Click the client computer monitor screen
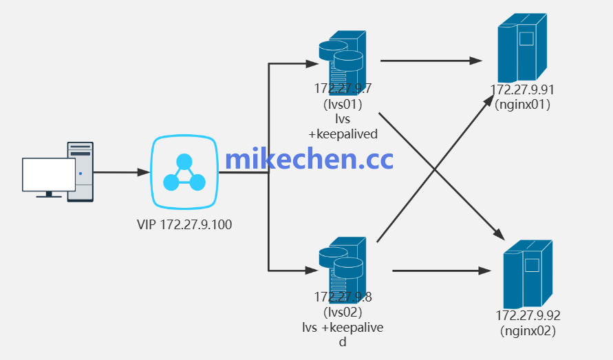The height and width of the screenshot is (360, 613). point(49,174)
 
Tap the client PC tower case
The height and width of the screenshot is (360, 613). point(80,171)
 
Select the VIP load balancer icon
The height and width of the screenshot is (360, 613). point(184,173)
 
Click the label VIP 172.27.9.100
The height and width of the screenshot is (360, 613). point(184,224)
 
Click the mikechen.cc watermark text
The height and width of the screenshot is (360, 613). point(309,159)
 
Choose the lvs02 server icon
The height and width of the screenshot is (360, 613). point(342,265)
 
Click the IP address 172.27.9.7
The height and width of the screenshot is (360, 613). point(343,89)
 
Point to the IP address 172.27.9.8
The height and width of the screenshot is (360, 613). point(343,297)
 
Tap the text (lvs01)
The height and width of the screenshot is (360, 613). point(343,104)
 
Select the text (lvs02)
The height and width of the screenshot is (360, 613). point(343,312)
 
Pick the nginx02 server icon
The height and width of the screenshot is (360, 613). point(527,274)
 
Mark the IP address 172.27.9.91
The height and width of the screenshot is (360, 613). point(522,90)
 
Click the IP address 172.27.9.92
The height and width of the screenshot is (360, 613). point(528,316)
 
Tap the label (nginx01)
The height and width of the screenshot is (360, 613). point(522,105)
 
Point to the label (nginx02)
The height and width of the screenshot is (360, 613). point(528,331)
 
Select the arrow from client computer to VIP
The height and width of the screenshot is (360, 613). point(121,172)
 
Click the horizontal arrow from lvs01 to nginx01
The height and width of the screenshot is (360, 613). point(431,61)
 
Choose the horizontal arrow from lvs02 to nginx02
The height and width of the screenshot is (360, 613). point(440,271)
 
